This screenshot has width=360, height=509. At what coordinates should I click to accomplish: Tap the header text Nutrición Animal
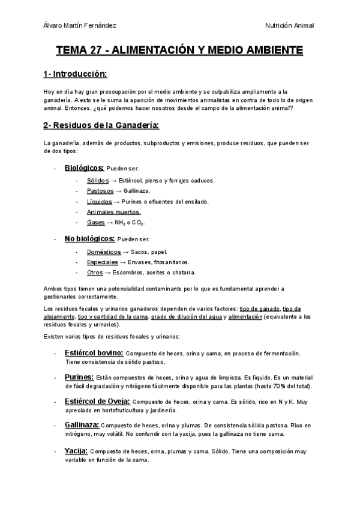[x=290, y=25]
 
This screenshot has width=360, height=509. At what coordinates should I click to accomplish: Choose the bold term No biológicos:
[x=89, y=239]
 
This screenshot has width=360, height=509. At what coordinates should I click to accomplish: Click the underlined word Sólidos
[x=97, y=180]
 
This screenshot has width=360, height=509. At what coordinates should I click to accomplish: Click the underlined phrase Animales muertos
[x=114, y=212]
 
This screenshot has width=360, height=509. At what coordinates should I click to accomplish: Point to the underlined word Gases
[x=96, y=223]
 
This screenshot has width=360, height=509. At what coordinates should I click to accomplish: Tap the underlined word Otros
[x=95, y=273]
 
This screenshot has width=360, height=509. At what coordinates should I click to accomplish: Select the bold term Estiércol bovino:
[x=94, y=353]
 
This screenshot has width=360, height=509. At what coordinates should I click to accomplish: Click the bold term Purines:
[x=79, y=376]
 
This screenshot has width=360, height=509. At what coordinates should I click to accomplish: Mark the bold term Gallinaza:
[x=82, y=424]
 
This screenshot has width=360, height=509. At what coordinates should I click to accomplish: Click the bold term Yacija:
[x=76, y=450]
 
